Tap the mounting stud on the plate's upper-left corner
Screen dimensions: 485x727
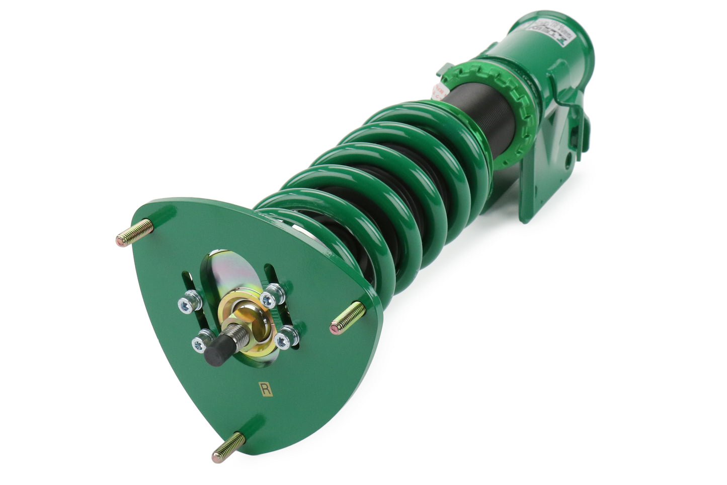coord(135,232)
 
